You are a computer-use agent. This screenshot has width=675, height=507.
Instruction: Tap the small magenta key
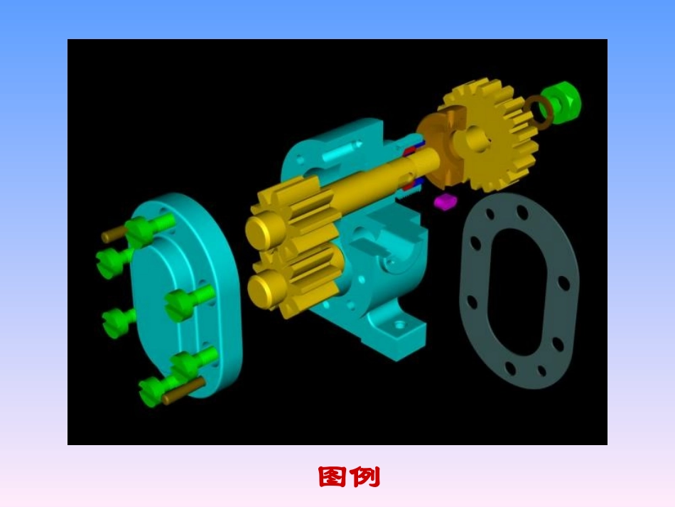(x=445, y=201)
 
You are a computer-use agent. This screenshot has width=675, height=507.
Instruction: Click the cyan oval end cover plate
(x=186, y=297)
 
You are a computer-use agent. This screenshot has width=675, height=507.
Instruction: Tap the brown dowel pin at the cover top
(x=113, y=235)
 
